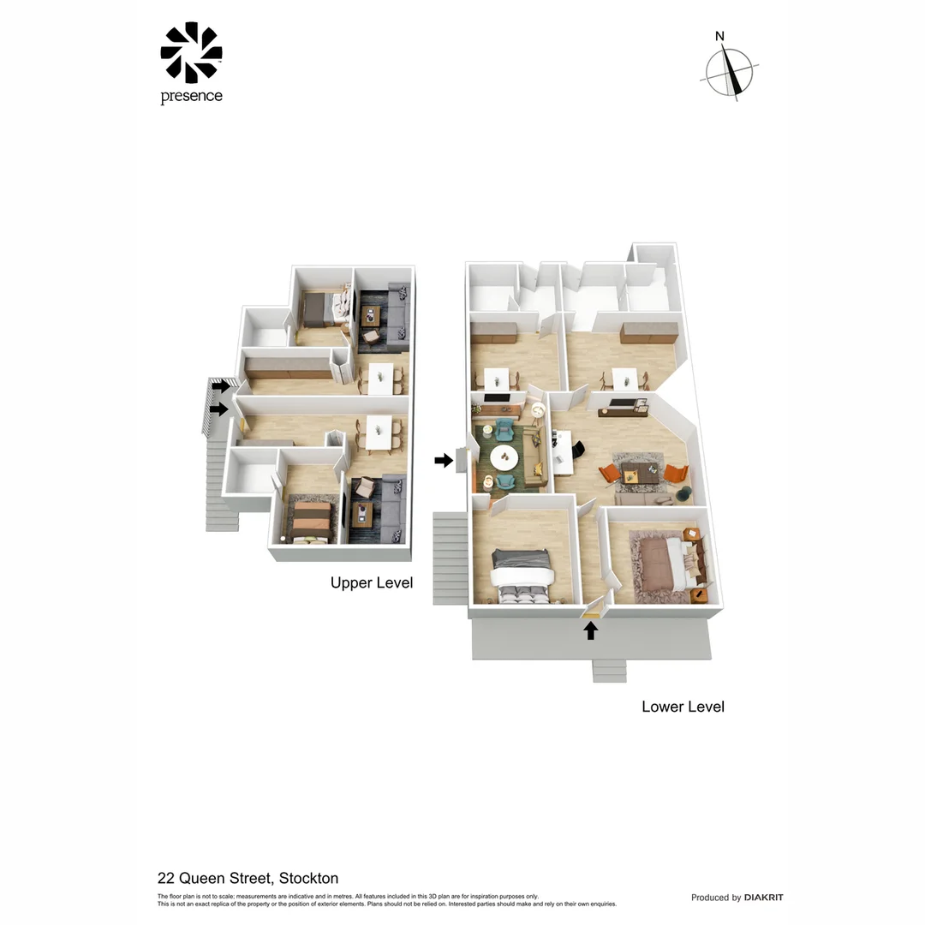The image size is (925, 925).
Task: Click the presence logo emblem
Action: pos(191,52)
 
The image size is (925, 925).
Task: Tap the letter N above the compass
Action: pos(719,36)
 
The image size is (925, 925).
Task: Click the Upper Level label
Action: pos(372,583)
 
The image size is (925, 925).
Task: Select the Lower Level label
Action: pos(683,707)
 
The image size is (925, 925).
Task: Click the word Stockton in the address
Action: pos(308,878)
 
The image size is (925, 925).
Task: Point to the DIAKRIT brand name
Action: pos(763,898)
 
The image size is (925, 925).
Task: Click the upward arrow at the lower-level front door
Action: pos(590,631)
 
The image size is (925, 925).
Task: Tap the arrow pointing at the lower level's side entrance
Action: pos(444,461)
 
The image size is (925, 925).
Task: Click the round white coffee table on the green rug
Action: pos(504,457)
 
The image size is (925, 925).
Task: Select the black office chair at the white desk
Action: pos(580,450)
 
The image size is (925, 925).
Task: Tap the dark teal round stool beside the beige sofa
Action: pos(684,492)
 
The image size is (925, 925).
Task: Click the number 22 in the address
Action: pos(166,878)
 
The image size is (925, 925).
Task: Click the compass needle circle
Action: pos(729,71)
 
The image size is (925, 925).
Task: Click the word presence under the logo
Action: pos(191,97)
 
